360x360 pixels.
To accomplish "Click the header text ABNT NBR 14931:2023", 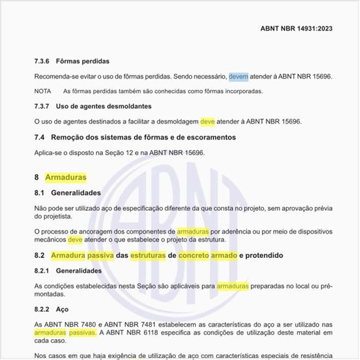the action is pyautogui.click(x=296, y=29).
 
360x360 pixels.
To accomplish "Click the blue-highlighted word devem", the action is pyautogui.click(x=238, y=77).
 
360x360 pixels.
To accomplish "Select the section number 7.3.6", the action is pyautogui.click(x=42, y=61).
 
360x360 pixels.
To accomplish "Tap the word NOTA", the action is pyautogui.click(x=43, y=91).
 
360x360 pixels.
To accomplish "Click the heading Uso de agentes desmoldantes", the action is pyautogui.click(x=104, y=106).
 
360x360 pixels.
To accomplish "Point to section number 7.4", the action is pyautogui.click(x=39, y=137).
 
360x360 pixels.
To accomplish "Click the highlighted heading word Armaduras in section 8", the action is pyautogui.click(x=65, y=177).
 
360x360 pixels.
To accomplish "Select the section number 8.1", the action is pyautogui.click(x=39, y=193).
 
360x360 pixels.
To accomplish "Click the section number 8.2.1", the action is pyautogui.click(x=43, y=270).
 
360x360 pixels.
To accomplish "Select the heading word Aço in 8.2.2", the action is pyautogui.click(x=63, y=308).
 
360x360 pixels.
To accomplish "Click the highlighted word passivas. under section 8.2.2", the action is pyautogui.click(x=84, y=333).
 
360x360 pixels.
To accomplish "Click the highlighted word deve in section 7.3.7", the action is pyautogui.click(x=207, y=122).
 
